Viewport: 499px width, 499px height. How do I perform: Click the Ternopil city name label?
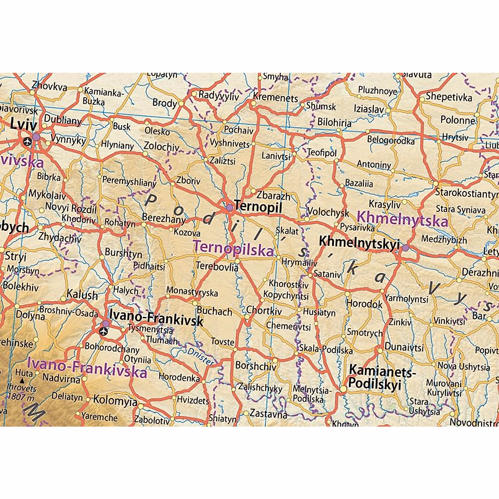[x=258, y=206]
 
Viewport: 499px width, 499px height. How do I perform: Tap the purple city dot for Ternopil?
[x=229, y=207]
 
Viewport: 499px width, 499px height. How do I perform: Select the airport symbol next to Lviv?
[x=27, y=141]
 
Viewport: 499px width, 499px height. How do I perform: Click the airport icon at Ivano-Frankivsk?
[x=103, y=331]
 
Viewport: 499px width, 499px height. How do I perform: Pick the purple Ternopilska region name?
[x=233, y=248]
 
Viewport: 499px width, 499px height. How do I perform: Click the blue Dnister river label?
[x=200, y=356]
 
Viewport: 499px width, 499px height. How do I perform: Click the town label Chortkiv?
[x=264, y=310]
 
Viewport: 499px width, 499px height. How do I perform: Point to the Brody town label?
[x=165, y=103]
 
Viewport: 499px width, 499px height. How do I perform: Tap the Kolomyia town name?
[x=115, y=400]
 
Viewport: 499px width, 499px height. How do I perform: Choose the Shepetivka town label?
[x=449, y=97]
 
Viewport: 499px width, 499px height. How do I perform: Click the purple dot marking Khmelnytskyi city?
[x=405, y=248]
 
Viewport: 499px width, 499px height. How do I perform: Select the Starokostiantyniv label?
[x=466, y=193]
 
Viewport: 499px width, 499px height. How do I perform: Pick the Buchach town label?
[x=214, y=311]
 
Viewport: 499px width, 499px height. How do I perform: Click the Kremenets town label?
[x=276, y=98]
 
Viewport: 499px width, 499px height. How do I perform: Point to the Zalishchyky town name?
[x=260, y=388]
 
